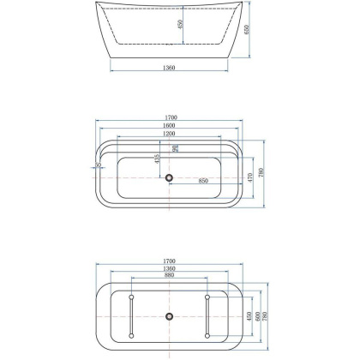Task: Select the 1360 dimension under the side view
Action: click(168, 69)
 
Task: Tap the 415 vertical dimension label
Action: click(158, 159)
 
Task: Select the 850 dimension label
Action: click(204, 181)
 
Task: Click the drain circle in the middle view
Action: click(169, 178)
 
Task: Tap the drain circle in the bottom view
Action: click(169, 315)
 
